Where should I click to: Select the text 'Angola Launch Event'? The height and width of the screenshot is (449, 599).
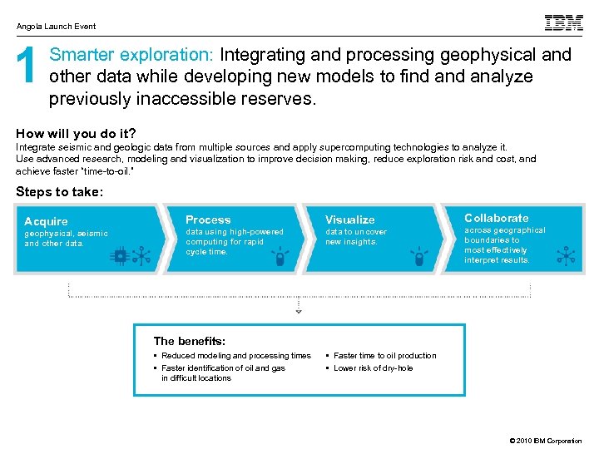(x=56, y=27)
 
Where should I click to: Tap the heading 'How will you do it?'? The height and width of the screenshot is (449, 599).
(x=76, y=133)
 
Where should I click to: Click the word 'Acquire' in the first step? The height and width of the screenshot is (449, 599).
(x=46, y=221)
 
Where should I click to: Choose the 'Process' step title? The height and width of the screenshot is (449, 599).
(x=208, y=220)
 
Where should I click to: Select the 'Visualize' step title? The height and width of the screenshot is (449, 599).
(x=349, y=220)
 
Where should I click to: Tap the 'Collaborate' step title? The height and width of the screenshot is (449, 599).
(x=496, y=218)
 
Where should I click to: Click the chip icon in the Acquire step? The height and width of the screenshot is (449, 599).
(x=121, y=256)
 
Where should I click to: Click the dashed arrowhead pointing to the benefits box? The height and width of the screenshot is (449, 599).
(x=299, y=311)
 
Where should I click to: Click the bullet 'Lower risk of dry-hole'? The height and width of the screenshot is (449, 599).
(x=373, y=368)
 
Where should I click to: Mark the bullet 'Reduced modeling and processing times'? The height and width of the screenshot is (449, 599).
(x=235, y=355)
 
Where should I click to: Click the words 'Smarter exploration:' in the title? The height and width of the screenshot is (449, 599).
(x=132, y=55)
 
